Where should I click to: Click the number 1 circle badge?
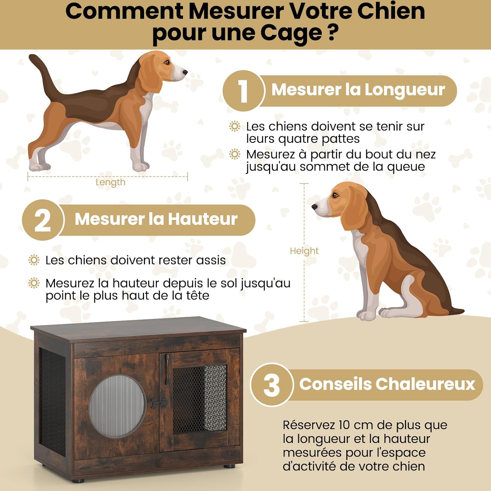click(243, 91)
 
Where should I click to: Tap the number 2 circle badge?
click(43, 220)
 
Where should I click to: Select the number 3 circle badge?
click(271, 385)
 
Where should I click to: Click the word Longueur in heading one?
click(405, 90)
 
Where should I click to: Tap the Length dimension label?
click(110, 182)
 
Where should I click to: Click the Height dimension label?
click(304, 251)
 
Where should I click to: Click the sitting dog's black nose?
click(315, 207)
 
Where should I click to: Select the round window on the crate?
click(117, 406)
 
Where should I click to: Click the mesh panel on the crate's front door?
click(199, 399)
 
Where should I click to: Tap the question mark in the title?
click(333, 32)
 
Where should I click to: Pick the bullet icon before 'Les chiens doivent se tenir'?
click(235, 126)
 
